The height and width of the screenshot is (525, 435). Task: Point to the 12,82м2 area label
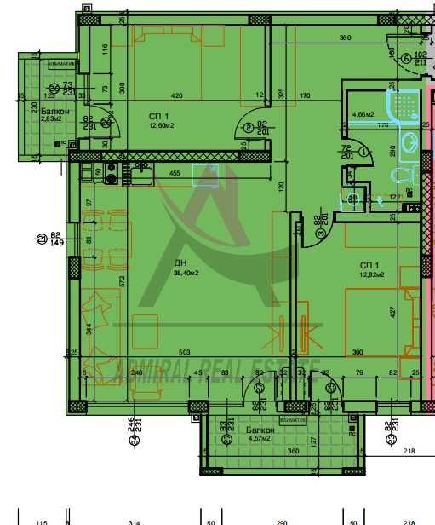coord(371,274)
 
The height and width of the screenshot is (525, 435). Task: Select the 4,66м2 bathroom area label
coord(364,113)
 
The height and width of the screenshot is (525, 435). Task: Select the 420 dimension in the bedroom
coord(178,96)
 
